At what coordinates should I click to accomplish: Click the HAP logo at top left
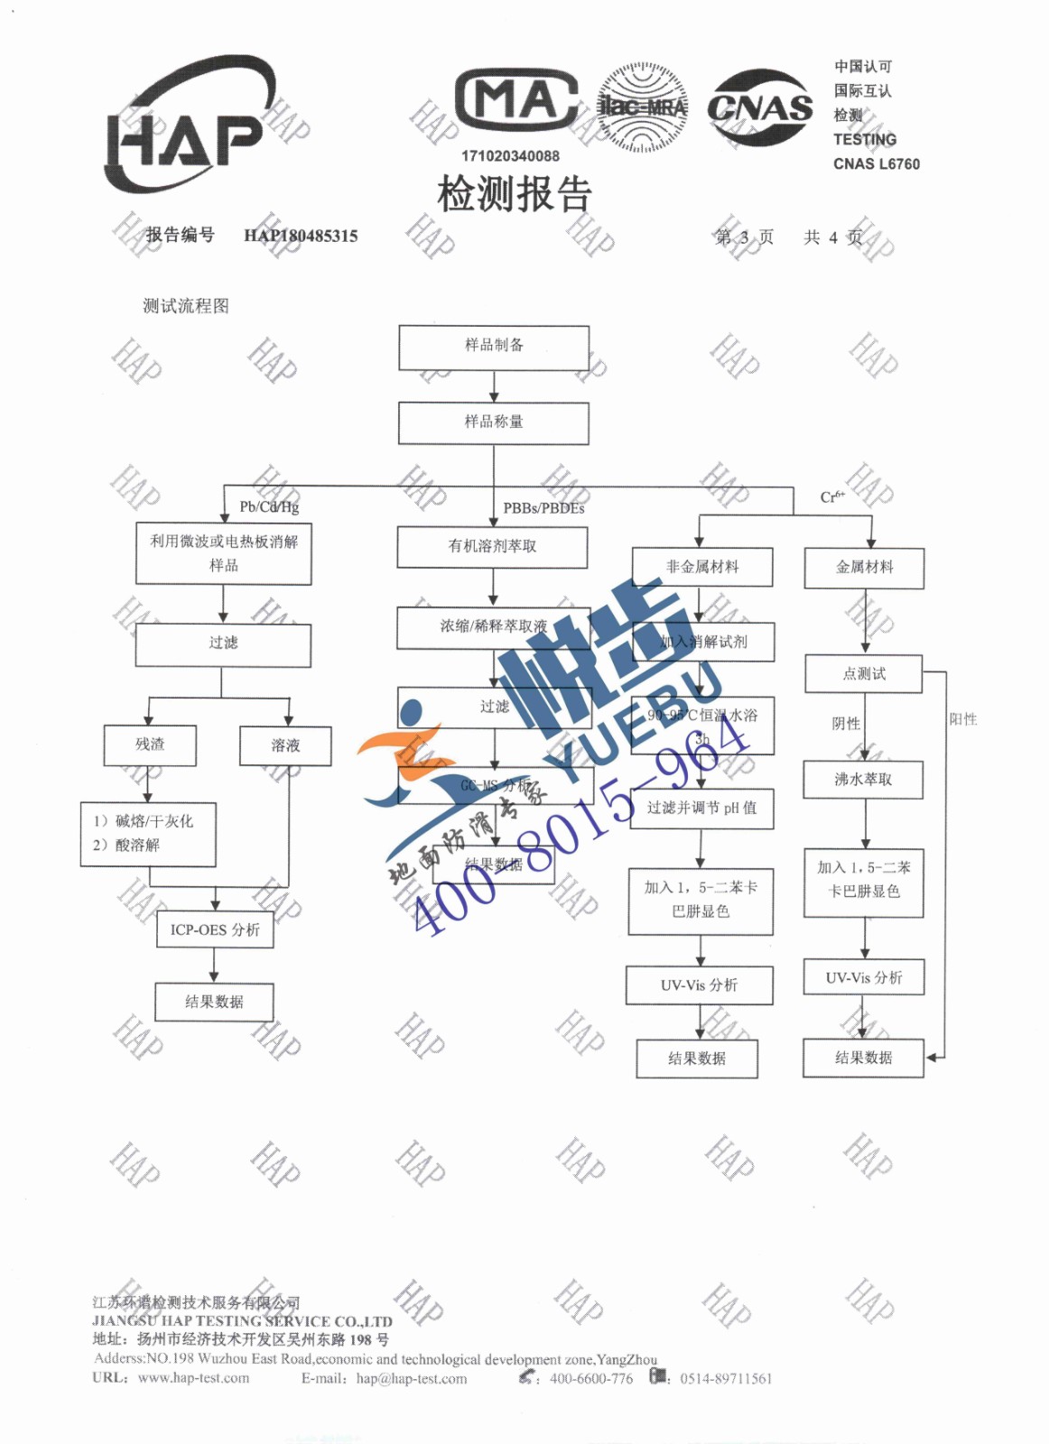pyautogui.click(x=188, y=126)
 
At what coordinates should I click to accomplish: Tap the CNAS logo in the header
pyautogui.click(x=759, y=107)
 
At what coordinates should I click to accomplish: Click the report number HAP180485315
pyautogui.click(x=301, y=236)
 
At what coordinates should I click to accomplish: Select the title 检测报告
pyautogui.click(x=515, y=194)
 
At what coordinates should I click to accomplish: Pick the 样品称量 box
pyautogui.click(x=494, y=422)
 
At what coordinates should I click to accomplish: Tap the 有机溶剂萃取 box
pyautogui.click(x=493, y=547)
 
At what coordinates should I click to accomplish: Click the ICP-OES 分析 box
pyautogui.click(x=215, y=930)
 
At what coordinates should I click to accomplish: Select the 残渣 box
pyautogui.click(x=150, y=745)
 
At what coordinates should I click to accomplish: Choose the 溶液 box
pyautogui.click(x=285, y=745)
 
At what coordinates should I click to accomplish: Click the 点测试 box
pyautogui.click(x=864, y=674)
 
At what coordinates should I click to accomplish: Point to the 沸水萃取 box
pyautogui.click(x=863, y=780)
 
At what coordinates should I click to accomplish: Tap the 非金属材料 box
pyautogui.click(x=702, y=567)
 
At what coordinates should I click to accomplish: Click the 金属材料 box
pyautogui.click(x=864, y=568)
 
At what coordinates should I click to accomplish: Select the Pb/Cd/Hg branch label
pyautogui.click(x=269, y=507)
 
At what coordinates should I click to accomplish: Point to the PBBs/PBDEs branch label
pyautogui.click(x=543, y=508)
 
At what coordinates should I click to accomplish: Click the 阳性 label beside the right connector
pyautogui.click(x=963, y=719)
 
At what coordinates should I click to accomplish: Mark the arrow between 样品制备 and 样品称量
pyautogui.click(x=494, y=386)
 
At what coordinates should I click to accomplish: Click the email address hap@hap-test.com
pyautogui.click(x=412, y=1378)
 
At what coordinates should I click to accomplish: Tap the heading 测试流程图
pyautogui.click(x=186, y=306)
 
